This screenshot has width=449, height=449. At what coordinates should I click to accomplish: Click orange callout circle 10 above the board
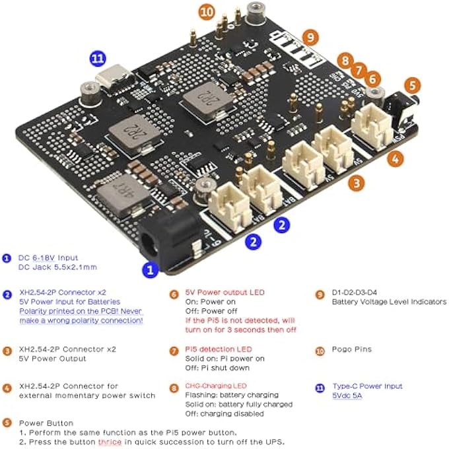point(207,11)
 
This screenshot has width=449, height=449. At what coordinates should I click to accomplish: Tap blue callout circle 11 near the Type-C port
point(98,58)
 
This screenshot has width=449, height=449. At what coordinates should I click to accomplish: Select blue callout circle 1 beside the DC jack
point(151,269)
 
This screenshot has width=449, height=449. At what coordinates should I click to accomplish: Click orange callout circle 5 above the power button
point(412,85)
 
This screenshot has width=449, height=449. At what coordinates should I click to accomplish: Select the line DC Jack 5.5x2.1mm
point(57,267)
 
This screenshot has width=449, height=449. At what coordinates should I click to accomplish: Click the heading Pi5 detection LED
point(210,349)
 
